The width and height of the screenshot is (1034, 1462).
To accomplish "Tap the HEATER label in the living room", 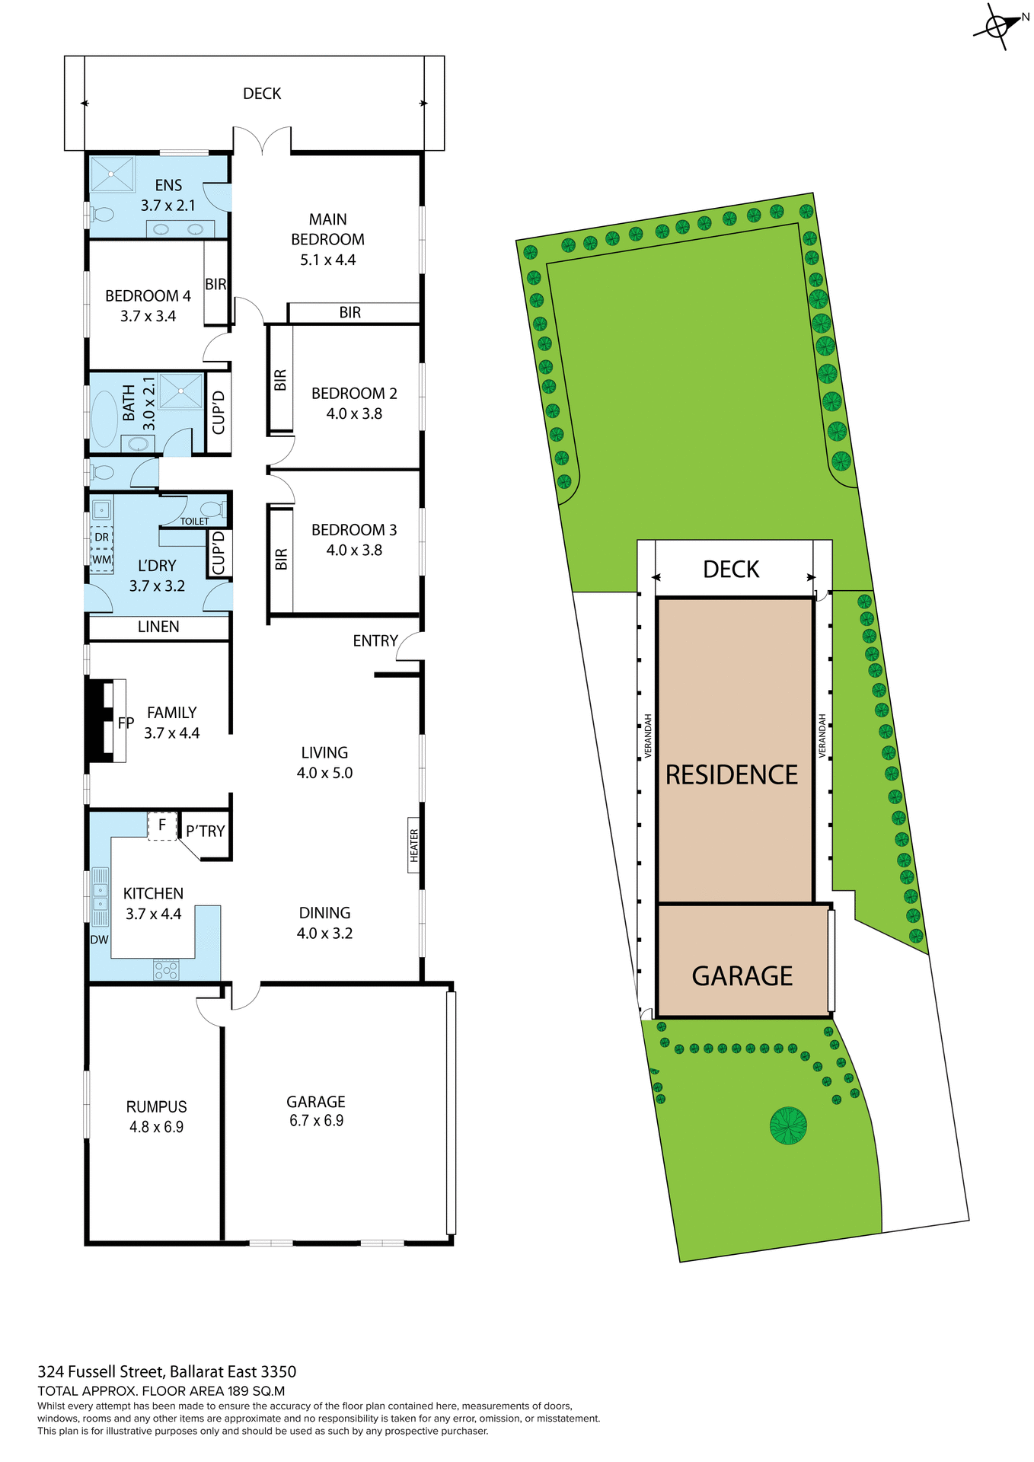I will (413, 845).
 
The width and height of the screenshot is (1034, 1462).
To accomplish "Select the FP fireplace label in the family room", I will (126, 723).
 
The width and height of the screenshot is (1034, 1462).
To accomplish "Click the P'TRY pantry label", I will (206, 831).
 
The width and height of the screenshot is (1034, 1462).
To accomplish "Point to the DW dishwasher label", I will (100, 940).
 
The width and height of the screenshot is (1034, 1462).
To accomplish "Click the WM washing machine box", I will (101, 560).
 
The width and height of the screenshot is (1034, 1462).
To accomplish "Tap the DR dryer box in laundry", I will (101, 537).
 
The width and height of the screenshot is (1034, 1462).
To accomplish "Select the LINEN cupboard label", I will (158, 627).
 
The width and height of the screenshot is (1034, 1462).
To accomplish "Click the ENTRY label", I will (375, 641).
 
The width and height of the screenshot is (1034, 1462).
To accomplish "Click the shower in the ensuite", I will (112, 174).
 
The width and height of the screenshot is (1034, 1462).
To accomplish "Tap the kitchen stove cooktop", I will (166, 970).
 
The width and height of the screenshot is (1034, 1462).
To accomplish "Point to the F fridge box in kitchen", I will (161, 825).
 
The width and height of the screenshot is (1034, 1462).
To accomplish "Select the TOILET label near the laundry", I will (194, 522).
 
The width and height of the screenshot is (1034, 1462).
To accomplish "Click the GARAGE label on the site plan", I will (742, 975).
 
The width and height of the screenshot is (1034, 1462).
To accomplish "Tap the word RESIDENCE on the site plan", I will (732, 774).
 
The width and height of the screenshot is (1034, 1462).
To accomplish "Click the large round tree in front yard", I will (788, 1125).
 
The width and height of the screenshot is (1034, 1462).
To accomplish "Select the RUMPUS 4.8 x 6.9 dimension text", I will (156, 1127).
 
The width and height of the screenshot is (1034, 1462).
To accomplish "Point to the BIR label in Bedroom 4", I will (215, 284).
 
